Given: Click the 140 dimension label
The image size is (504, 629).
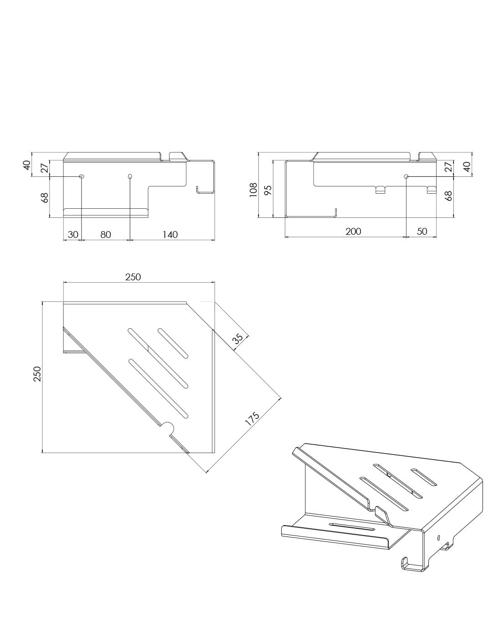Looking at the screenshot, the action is coord(170,234).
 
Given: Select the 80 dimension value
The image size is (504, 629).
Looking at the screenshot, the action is coord(105,234).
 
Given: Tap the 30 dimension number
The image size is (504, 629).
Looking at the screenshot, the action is coord(73,234).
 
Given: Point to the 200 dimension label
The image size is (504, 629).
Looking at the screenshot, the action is coord(353,231).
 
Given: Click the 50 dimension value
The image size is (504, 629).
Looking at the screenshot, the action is coord(422,231).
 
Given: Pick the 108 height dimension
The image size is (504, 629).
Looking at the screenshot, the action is coord(253,190).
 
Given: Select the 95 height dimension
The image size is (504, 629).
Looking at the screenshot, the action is coord(267,190).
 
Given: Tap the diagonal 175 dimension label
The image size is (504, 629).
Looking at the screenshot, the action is coord(252,419).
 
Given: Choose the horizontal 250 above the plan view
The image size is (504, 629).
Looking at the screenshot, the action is coord(133,277).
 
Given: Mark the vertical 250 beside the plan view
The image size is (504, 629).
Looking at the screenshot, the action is coord(37,374).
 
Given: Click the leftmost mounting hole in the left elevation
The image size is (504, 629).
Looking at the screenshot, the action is coord(82,176).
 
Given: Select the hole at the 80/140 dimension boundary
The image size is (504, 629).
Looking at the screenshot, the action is coord(130,176).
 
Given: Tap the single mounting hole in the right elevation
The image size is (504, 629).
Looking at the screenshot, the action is coord(406,176).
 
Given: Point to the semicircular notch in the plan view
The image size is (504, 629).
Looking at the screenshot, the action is coord(168,430).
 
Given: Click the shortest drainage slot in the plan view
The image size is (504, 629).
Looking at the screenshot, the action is coord(173,343).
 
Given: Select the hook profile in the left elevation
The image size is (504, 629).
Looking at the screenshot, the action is coord(206,190).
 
